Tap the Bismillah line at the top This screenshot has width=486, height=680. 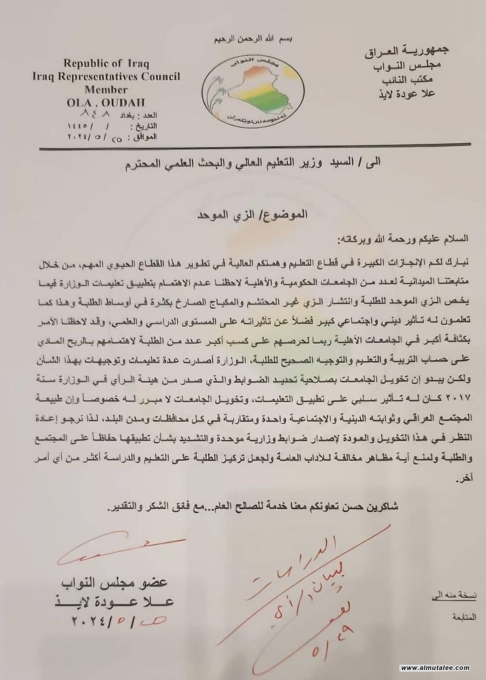coord(254,40)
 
